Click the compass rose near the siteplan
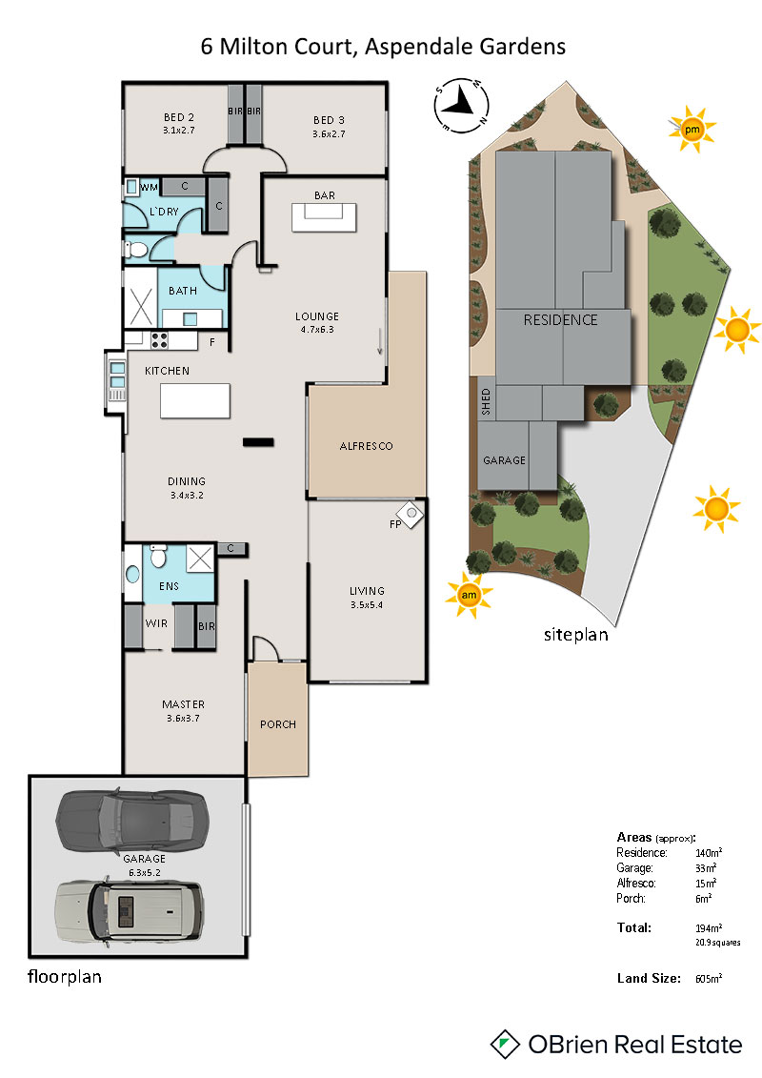461,106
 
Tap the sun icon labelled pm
692,130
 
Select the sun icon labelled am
469,595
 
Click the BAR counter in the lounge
324,216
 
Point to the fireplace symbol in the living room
411,514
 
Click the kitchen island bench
195,401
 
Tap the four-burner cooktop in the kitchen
159,339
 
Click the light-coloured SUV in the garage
130,911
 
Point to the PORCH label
278,724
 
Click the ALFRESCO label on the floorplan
366,446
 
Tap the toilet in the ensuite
159,556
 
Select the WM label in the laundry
150,187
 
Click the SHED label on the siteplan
486,401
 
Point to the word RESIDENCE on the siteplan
561,319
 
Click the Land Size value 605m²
709,978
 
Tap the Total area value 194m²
709,928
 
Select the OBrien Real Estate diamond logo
504,1045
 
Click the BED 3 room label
330,120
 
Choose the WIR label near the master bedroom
156,623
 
